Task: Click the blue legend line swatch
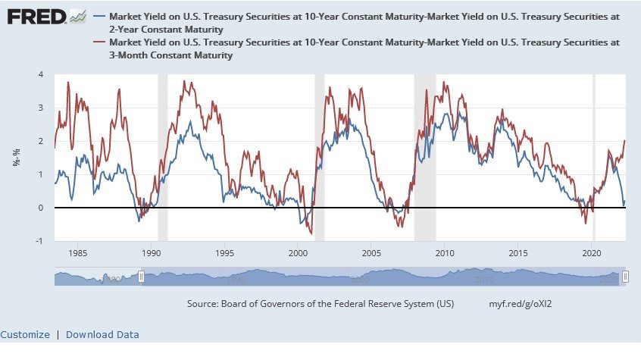pos(102,15)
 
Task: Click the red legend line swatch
pos(102,43)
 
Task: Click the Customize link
pos(25,334)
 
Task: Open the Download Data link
pos(102,334)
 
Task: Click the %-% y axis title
pos(16,158)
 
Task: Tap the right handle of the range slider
pos(625,277)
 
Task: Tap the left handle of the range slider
pos(141,277)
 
